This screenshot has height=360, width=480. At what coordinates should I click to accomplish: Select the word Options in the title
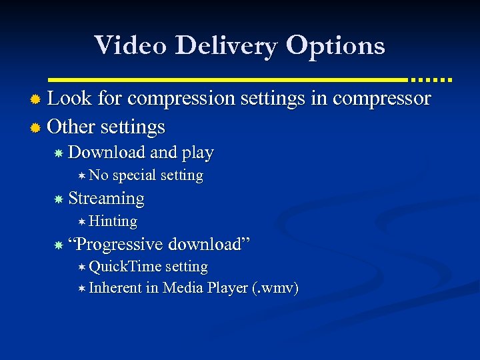click(336, 46)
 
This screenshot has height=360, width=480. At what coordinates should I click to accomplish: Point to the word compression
click(181, 99)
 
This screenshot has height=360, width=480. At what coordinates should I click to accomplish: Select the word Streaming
click(106, 198)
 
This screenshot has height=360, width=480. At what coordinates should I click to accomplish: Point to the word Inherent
click(115, 288)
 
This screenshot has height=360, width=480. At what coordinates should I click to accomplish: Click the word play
click(197, 153)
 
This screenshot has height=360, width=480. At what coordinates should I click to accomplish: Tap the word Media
click(183, 288)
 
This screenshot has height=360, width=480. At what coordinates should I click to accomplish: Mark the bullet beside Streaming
click(59, 199)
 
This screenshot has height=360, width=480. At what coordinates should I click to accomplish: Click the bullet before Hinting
click(81, 221)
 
